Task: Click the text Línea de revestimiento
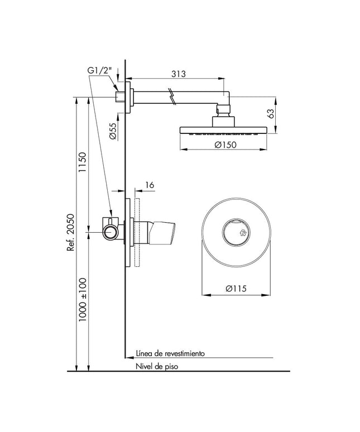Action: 170,353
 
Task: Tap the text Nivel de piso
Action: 158,367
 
